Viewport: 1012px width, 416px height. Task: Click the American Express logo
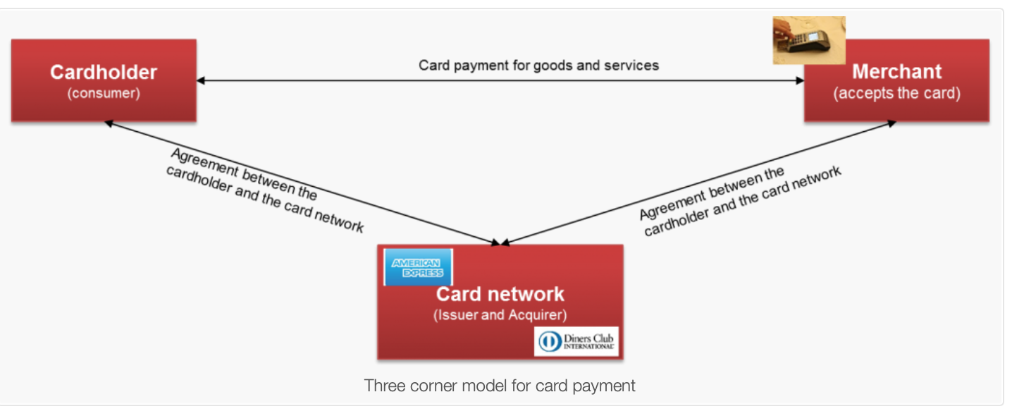[x=418, y=268]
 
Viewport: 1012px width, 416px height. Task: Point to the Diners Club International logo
[x=576, y=342]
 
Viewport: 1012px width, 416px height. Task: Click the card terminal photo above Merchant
[x=808, y=40]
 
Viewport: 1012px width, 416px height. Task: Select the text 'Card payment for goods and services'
[x=538, y=66]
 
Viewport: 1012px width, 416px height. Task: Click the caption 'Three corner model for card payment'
[x=500, y=386]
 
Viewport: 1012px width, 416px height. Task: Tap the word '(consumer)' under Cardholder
[x=104, y=93]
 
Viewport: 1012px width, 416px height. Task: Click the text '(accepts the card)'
[x=896, y=93]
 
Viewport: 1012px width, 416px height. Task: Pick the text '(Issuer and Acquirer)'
[x=500, y=315]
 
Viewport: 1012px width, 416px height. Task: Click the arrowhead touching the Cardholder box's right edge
[x=201, y=80]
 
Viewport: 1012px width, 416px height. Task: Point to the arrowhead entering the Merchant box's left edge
[x=800, y=80]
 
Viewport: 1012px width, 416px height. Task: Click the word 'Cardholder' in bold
[x=104, y=72]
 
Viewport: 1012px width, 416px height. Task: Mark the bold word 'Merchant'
[x=896, y=71]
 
